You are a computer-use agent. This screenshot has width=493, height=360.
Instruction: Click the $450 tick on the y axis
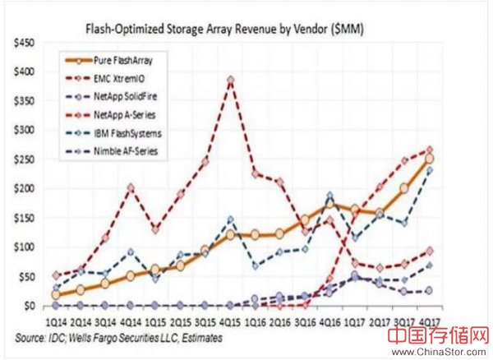click(19, 43)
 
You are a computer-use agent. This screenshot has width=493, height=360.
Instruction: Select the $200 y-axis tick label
click(19, 188)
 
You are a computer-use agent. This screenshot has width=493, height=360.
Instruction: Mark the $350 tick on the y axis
click(19, 101)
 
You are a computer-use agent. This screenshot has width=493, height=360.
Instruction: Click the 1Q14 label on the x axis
click(55, 321)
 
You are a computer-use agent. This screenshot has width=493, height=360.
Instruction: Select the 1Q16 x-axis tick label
click(256, 321)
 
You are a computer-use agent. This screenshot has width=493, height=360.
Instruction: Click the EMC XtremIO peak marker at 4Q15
click(231, 80)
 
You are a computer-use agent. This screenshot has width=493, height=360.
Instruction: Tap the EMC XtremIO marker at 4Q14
click(130, 187)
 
